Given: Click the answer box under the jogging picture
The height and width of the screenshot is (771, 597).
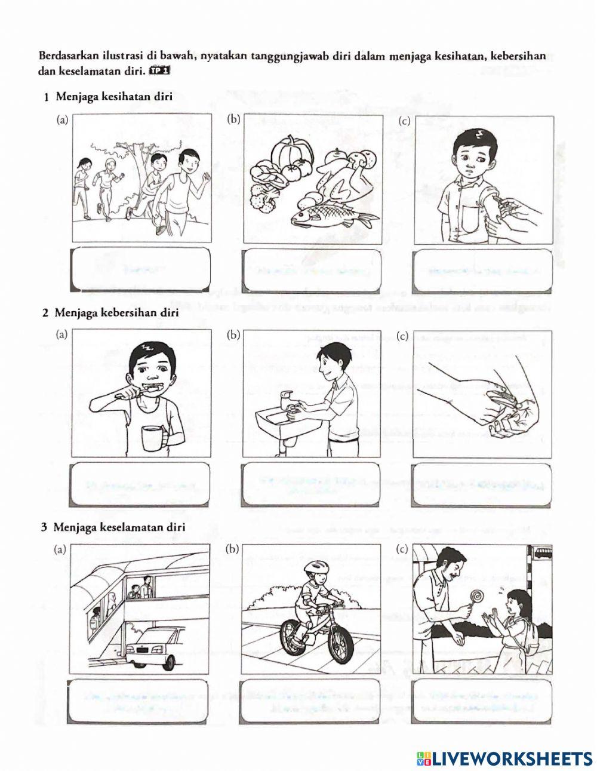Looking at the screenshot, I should (140, 269).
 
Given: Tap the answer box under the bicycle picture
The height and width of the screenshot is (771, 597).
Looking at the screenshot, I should (312, 702).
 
